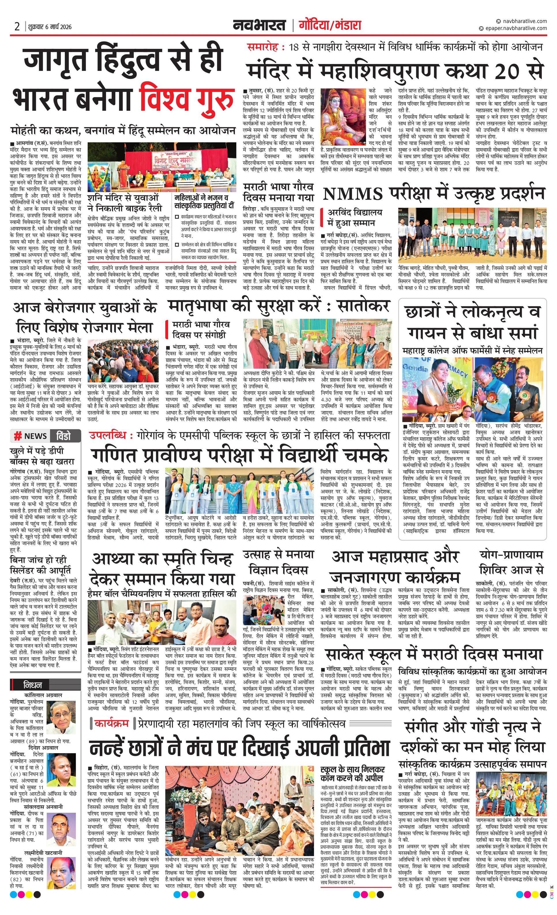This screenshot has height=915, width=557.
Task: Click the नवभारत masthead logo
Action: (x=259, y=25)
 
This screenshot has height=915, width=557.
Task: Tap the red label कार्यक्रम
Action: (x=111, y=723)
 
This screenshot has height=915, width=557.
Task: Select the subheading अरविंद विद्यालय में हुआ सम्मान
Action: (x=354, y=217)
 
